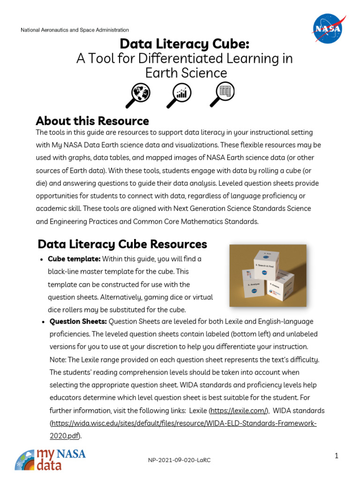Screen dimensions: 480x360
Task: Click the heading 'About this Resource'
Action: tap(92, 121)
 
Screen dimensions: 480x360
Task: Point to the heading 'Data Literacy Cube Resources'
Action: tap(122, 244)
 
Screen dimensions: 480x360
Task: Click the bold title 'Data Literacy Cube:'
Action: tap(184, 44)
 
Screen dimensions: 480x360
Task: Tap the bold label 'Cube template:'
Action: tap(74, 259)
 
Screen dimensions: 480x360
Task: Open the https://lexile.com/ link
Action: tap(239, 411)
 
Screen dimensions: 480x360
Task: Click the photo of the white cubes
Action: tap(268, 276)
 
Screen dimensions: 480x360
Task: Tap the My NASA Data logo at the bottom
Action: tap(50, 460)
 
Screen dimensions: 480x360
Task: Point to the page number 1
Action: tap(337, 456)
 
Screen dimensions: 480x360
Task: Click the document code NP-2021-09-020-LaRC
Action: tap(180, 460)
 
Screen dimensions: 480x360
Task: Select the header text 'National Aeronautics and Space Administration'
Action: tap(75, 30)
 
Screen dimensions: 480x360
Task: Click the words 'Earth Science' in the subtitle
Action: tap(186, 73)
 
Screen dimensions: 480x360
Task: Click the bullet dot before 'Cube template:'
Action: tap(42, 260)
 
